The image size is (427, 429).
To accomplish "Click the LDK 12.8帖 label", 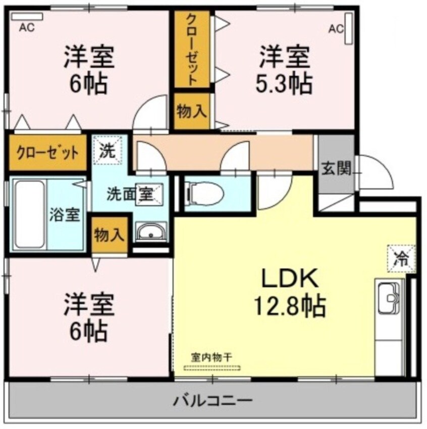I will [x=289, y=291].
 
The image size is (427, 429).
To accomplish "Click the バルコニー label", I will [x=213, y=402].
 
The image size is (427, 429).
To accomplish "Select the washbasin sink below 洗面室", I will [x=150, y=233].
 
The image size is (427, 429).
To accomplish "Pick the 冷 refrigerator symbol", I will [x=402, y=258].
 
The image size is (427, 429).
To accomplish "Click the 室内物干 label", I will [x=212, y=356].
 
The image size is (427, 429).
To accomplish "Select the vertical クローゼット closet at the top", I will [x=192, y=49].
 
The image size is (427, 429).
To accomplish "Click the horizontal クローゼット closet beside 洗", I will [x=48, y=152].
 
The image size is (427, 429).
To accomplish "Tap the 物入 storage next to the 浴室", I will [x=109, y=235].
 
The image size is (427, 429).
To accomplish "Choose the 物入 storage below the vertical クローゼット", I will [x=192, y=112].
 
